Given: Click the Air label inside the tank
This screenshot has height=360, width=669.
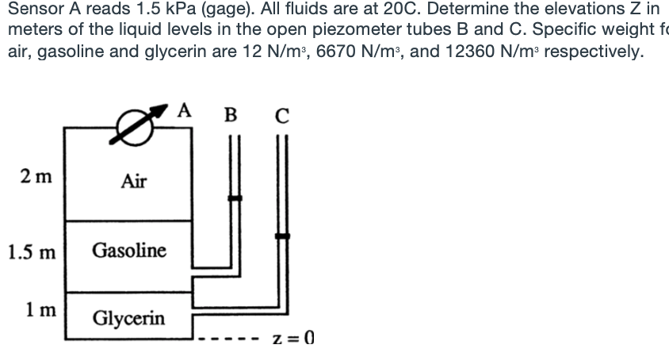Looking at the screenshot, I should [133, 182].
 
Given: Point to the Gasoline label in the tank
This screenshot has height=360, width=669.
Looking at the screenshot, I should [129, 251].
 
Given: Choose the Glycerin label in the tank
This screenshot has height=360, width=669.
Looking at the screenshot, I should [129, 319].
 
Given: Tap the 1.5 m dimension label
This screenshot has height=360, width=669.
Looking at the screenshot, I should [32, 254].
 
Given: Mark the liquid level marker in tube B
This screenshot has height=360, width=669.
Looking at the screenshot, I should [235, 198].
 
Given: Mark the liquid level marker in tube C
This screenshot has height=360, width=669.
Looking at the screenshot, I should [282, 236].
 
